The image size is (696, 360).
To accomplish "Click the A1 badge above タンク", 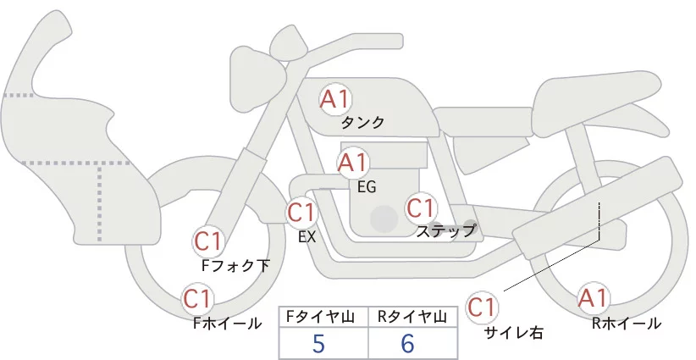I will coord(334,98).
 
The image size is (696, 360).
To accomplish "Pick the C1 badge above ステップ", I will coord(421,207).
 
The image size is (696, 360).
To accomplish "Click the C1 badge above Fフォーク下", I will coord(208,241).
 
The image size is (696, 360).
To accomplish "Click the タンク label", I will coord(362,123).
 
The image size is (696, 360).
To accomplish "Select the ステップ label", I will coord(446,230).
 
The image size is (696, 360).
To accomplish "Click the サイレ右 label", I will coord(512,333).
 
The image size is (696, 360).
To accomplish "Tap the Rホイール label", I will coord(627,323).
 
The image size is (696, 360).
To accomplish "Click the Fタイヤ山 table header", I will coord(323,316).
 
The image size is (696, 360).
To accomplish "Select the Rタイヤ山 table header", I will coord(412,316).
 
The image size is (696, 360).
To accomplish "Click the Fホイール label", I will coord(227,323).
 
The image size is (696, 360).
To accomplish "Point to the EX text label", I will coord(307,237).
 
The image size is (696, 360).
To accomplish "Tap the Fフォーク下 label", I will coord(235,265).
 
